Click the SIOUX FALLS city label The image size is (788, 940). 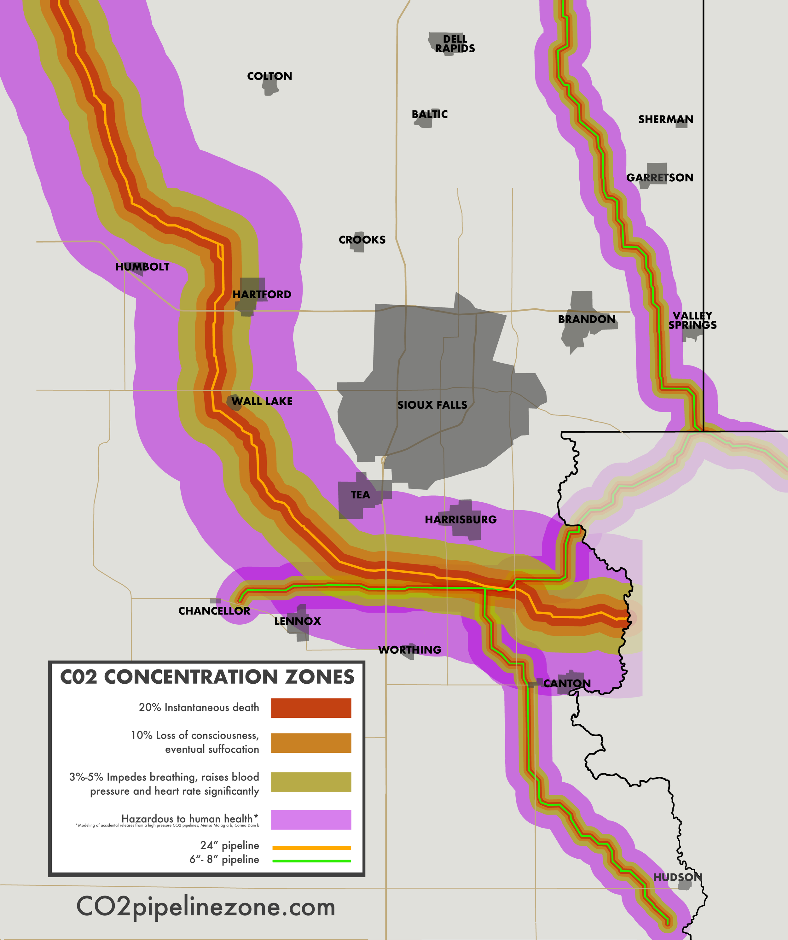[432, 405]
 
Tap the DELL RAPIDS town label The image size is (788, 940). [455, 44]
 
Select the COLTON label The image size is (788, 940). [269, 76]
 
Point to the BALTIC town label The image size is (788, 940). [430, 114]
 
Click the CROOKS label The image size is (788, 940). [362, 240]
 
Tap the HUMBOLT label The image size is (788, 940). [142, 267]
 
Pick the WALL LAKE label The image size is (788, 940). [262, 401]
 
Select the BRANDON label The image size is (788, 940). [587, 319]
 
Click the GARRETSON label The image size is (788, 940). [660, 178]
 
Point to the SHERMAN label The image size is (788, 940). [665, 120]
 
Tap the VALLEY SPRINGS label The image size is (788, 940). [692, 320]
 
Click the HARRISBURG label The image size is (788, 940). [461, 519]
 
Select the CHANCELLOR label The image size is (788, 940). [214, 611]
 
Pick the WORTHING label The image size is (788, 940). [409, 650]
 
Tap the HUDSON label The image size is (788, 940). [677, 877]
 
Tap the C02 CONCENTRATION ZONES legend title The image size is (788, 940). [207, 677]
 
